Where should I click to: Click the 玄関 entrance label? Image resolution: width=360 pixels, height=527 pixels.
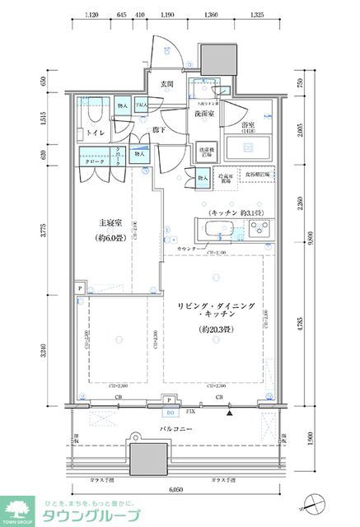(x=166, y=84)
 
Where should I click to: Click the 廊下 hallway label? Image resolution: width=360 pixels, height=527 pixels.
(x=161, y=130)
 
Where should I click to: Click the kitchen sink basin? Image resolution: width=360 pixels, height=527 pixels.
(x=219, y=229)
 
